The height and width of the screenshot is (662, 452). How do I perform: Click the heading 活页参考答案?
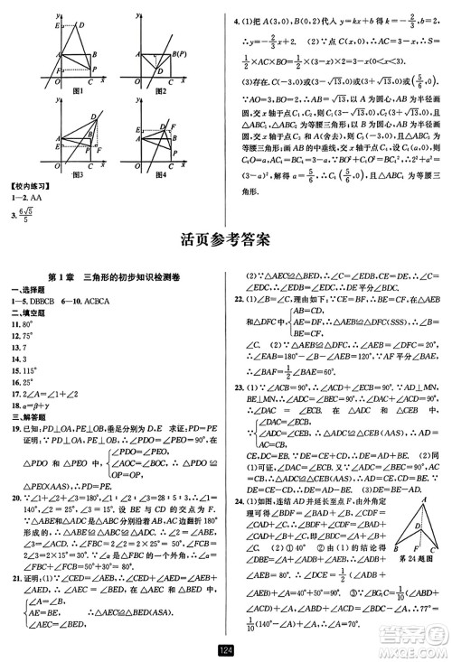pos(226,239)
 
